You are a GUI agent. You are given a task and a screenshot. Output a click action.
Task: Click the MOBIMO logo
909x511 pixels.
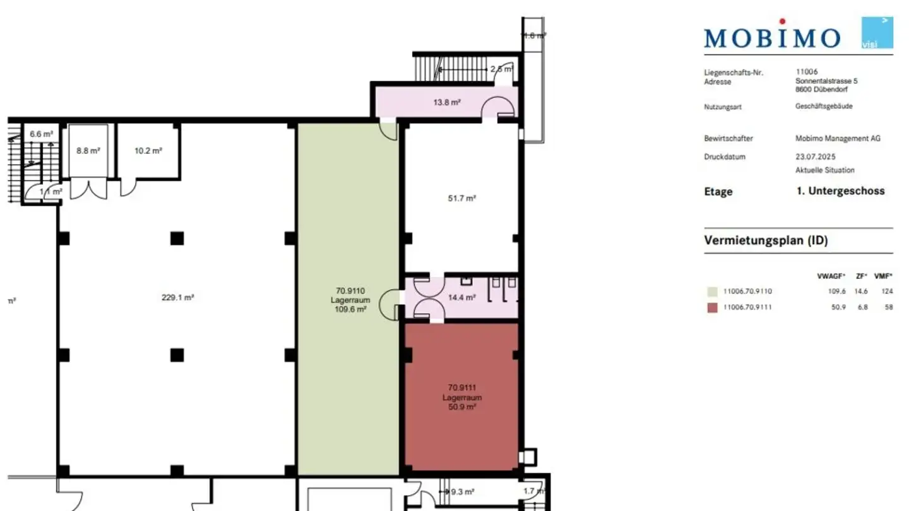[772, 37]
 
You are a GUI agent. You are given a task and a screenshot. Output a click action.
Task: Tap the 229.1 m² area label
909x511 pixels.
[177, 297]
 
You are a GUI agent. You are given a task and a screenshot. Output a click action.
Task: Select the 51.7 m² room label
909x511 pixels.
[461, 198]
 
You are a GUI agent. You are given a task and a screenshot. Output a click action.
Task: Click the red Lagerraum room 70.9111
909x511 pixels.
[461, 397]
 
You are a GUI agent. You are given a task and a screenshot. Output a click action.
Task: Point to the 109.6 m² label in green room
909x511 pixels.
[350, 310]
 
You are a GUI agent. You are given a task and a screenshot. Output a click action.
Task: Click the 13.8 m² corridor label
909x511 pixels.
[446, 102]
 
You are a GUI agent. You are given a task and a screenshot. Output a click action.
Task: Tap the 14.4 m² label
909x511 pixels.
[461, 297]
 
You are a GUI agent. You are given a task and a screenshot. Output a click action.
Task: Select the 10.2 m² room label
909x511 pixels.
[148, 151]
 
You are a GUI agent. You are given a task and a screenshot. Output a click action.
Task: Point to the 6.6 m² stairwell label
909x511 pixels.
[41, 134]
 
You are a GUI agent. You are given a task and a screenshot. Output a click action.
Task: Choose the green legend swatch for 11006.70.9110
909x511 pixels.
[712, 291]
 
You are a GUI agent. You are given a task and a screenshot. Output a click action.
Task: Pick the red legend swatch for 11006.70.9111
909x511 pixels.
[712, 308]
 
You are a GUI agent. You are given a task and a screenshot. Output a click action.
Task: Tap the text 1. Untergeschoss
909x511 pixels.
[840, 191]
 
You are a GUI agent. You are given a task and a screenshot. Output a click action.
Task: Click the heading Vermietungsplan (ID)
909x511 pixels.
[766, 240]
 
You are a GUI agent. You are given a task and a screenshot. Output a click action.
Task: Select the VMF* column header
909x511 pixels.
[883, 276]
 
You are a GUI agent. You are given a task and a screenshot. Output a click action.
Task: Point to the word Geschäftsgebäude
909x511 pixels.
[824, 106]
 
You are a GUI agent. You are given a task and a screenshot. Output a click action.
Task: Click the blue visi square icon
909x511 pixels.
[877, 33]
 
